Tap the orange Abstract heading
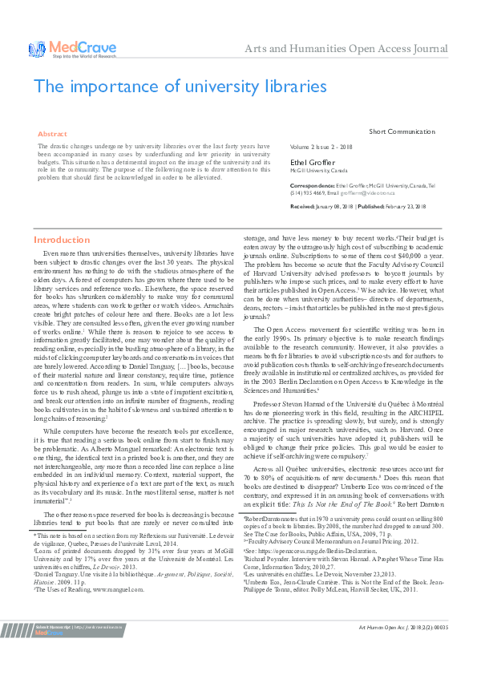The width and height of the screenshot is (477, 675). coord(53,134)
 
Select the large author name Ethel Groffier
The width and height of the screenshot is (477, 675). coord(313,163)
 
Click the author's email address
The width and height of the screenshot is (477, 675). coord(360,193)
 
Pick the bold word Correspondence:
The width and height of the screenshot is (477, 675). coord(311,186)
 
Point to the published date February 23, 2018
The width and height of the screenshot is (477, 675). coord(403,206)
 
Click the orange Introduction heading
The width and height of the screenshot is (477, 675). coord(62,240)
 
